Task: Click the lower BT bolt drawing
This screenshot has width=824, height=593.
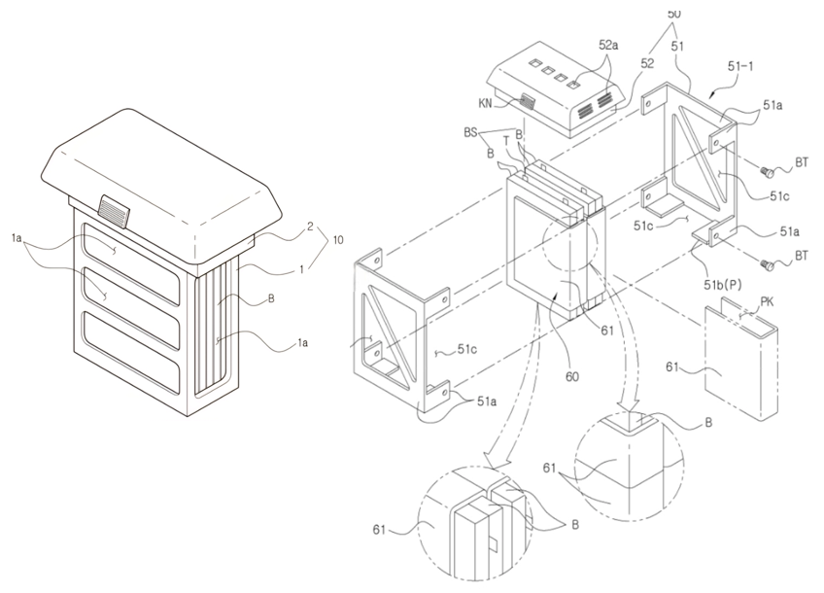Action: [x=766, y=262]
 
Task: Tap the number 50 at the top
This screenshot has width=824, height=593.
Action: [x=673, y=13]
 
